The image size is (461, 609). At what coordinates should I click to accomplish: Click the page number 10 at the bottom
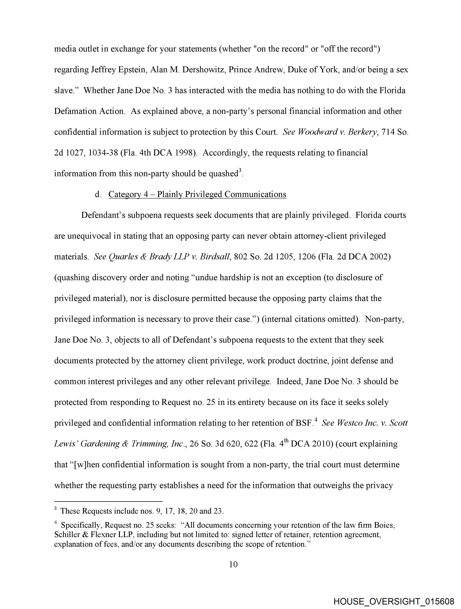point(233,564)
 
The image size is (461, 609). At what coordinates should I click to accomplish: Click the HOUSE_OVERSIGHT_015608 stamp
point(394,601)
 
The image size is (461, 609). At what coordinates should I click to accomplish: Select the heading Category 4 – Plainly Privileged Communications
point(197,194)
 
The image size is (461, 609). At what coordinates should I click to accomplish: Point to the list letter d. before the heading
point(98,194)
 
